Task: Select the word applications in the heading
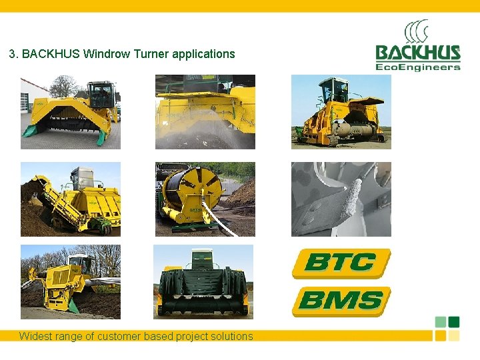click(x=203, y=54)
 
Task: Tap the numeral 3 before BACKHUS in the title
click(x=12, y=54)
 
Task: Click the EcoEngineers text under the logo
click(x=417, y=66)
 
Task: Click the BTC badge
click(x=341, y=263)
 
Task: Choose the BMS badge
click(x=341, y=301)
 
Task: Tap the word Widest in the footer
click(x=35, y=336)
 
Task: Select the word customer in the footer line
click(x=120, y=336)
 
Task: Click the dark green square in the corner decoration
click(x=454, y=322)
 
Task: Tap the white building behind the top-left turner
click(x=30, y=93)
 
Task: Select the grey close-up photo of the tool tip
click(x=341, y=199)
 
